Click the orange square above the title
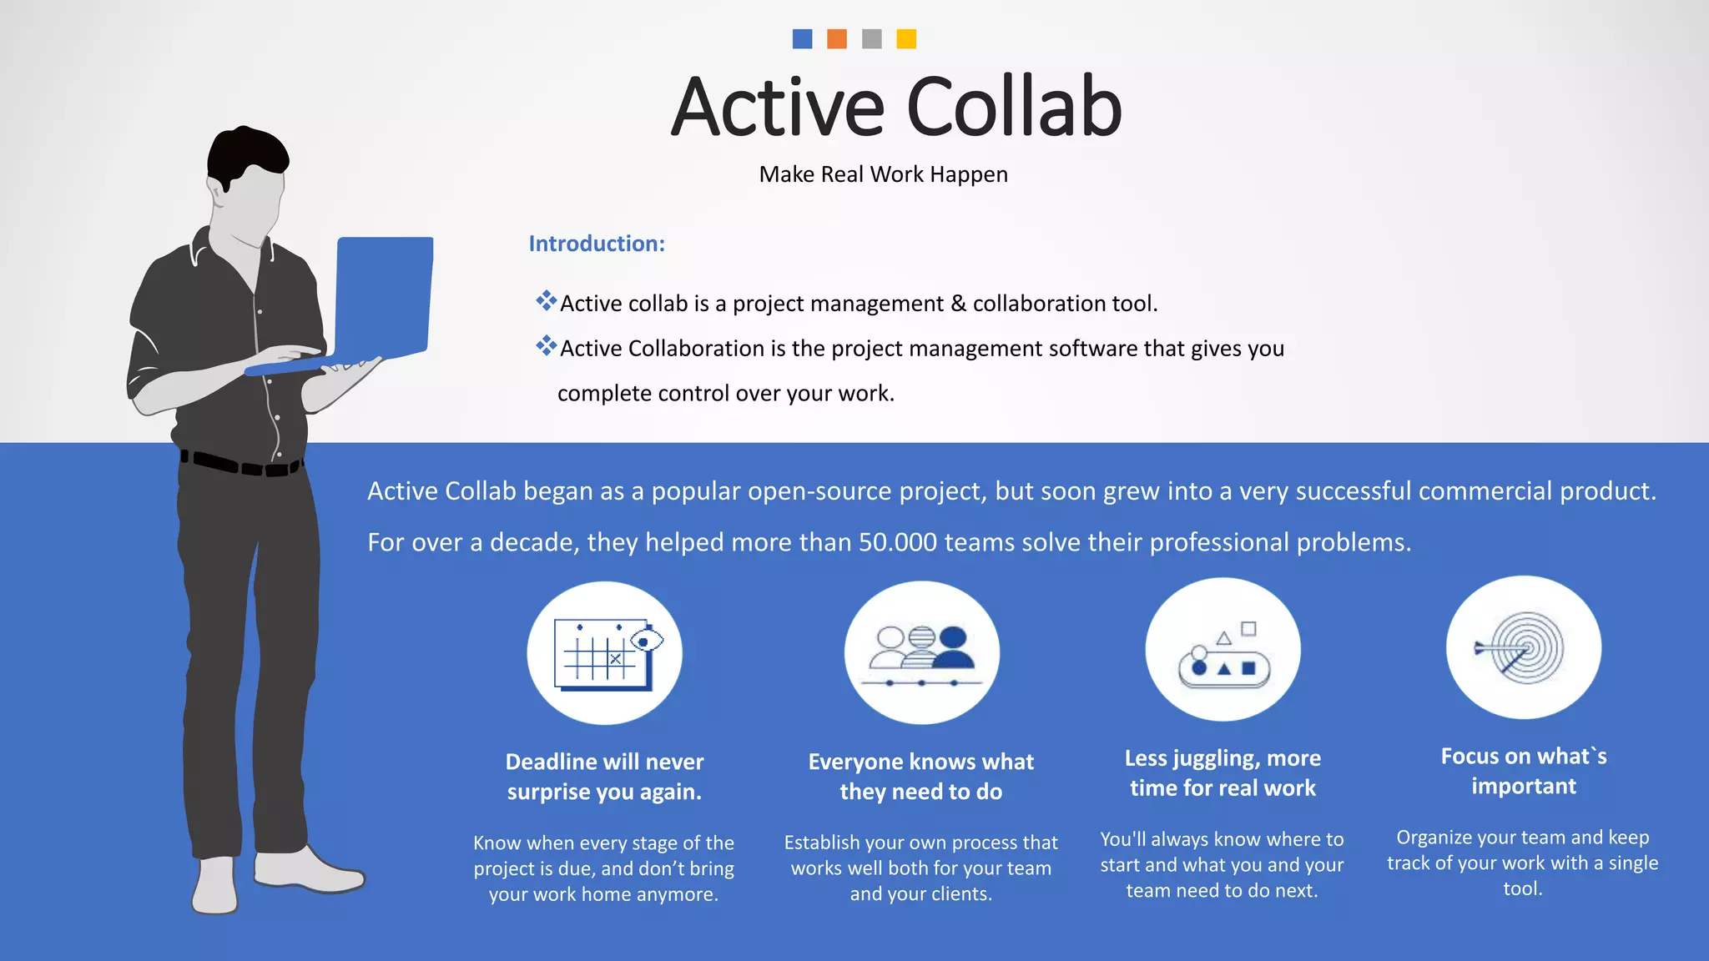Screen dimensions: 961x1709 (836, 39)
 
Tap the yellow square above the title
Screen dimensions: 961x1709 (906, 39)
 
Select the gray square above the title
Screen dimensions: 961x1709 (871, 39)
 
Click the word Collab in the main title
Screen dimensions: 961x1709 (1014, 108)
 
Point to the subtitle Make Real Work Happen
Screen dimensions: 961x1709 (883, 174)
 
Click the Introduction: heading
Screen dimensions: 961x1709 (597, 244)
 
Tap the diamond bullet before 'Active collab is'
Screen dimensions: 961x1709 (546, 300)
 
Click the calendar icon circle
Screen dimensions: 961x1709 (604, 653)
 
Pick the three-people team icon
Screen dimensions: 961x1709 (921, 652)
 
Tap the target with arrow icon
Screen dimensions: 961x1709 (1523, 647)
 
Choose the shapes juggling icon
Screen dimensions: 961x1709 (1223, 650)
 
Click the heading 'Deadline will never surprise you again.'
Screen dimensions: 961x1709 (604, 777)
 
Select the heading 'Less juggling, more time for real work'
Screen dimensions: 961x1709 (1223, 773)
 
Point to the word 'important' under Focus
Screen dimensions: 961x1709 (1524, 786)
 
